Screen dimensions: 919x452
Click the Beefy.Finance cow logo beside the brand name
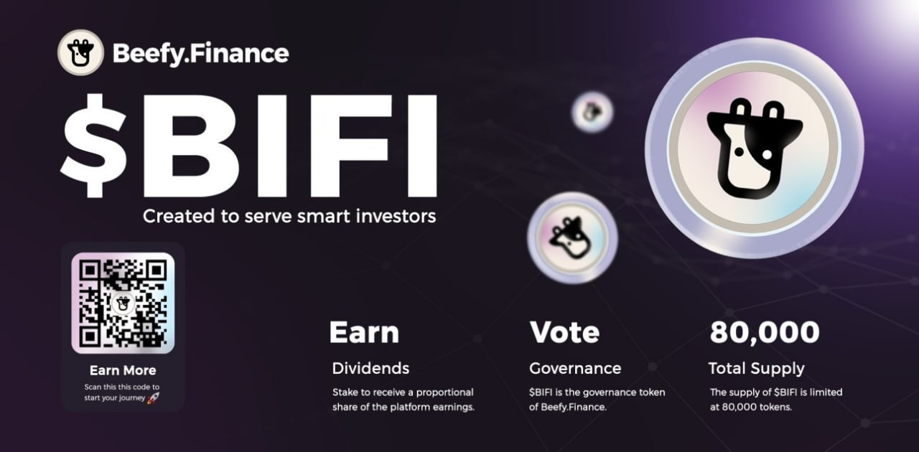80,52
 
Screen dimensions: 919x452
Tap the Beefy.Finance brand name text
200,54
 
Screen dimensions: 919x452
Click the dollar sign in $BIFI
93,146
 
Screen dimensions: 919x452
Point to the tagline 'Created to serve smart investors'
289,216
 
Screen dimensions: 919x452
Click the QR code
123,303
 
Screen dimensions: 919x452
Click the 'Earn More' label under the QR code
123,370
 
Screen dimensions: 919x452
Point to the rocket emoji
153,397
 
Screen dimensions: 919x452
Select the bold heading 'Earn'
364,332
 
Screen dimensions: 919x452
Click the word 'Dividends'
370,368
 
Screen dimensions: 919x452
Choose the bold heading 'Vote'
564,332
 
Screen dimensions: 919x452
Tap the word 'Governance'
575,368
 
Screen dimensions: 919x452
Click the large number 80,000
765,332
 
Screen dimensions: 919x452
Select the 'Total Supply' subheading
757,369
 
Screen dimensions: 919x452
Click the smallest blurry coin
592,112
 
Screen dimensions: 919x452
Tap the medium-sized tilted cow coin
572,238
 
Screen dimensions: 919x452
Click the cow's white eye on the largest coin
767,154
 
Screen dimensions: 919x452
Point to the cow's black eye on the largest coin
739,152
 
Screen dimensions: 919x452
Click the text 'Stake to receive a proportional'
403,392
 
